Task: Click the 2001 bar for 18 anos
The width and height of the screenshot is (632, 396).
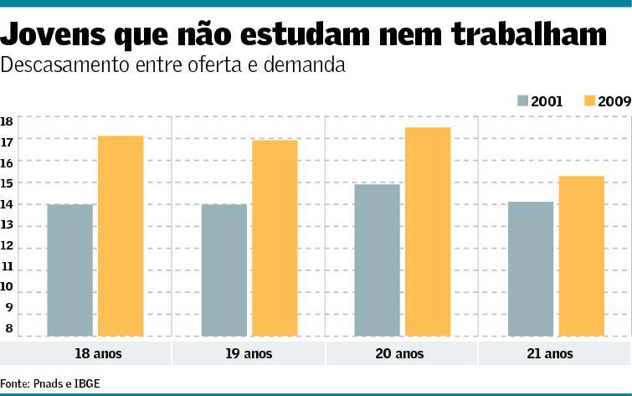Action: tap(69, 270)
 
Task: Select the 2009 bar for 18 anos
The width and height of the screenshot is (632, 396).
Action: tap(121, 235)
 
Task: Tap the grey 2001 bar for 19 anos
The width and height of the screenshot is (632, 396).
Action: tap(224, 270)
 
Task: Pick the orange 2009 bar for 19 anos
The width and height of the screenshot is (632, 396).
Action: tap(275, 238)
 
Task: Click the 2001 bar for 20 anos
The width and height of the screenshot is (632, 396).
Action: tap(377, 260)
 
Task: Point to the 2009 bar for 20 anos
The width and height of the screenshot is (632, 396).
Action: tap(427, 231)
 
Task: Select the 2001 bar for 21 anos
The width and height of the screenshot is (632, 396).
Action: tap(531, 268)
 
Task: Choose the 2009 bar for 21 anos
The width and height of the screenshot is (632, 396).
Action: tap(581, 255)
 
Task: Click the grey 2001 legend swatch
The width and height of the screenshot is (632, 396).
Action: tap(523, 100)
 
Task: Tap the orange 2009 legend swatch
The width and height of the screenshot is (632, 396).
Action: tap(589, 100)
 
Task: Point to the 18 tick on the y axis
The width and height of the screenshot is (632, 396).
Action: tap(7, 121)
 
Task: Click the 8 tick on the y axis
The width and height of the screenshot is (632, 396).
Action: tap(8, 329)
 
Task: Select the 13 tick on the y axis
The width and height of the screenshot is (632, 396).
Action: tap(7, 225)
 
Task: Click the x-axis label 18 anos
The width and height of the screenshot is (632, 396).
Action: tap(97, 353)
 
